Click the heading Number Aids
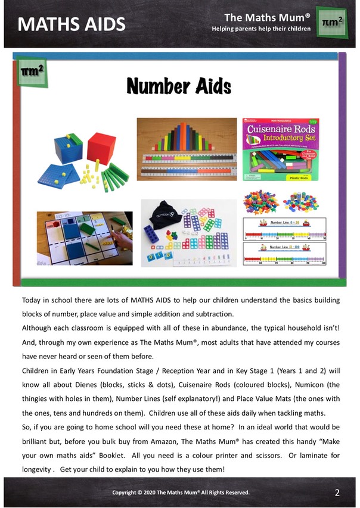(x=179, y=87)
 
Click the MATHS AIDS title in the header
(x=72, y=24)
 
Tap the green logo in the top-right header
(x=331, y=23)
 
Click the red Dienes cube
(x=101, y=148)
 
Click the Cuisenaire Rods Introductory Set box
(x=284, y=152)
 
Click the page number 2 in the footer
(x=337, y=493)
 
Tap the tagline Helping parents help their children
(x=261, y=29)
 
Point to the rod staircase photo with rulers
(x=185, y=149)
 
